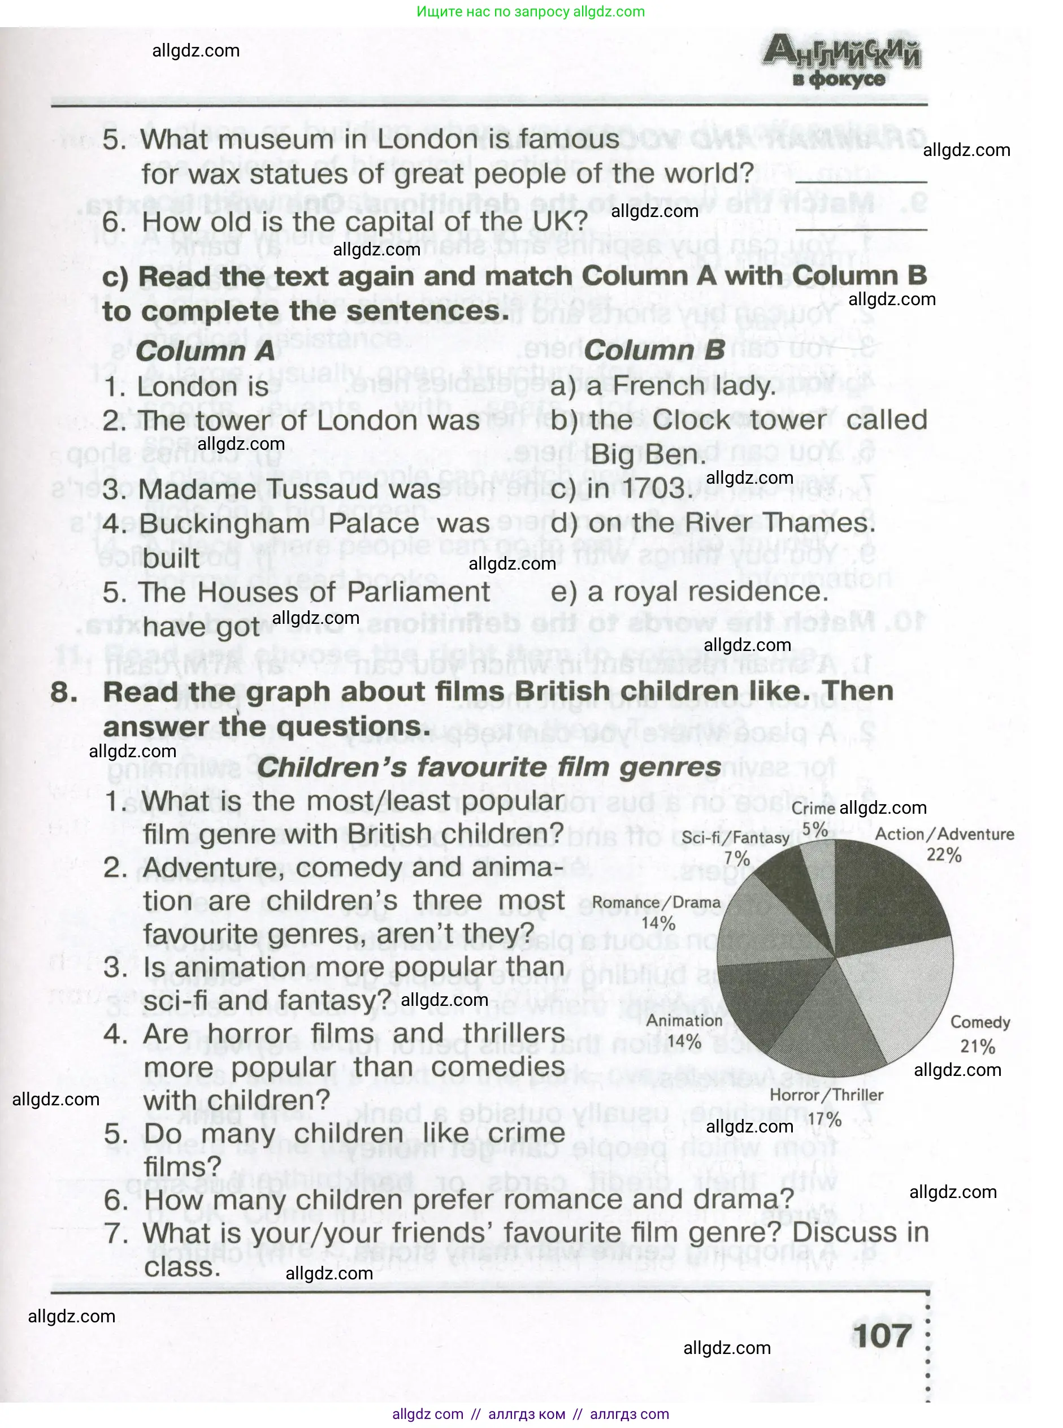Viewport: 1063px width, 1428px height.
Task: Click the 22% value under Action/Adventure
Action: (943, 855)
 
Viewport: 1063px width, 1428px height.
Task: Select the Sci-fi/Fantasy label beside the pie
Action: (735, 837)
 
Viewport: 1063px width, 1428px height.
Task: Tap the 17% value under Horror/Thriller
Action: (825, 1119)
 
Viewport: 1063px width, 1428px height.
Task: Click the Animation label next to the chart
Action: (684, 1021)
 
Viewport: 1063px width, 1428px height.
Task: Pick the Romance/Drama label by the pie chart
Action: (656, 902)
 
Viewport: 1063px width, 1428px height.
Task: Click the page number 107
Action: (882, 1336)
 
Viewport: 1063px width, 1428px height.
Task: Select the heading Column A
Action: (205, 351)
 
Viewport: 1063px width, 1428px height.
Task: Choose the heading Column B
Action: (654, 351)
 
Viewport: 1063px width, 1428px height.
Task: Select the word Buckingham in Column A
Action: (224, 523)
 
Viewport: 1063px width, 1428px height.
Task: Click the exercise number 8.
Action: (64, 692)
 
